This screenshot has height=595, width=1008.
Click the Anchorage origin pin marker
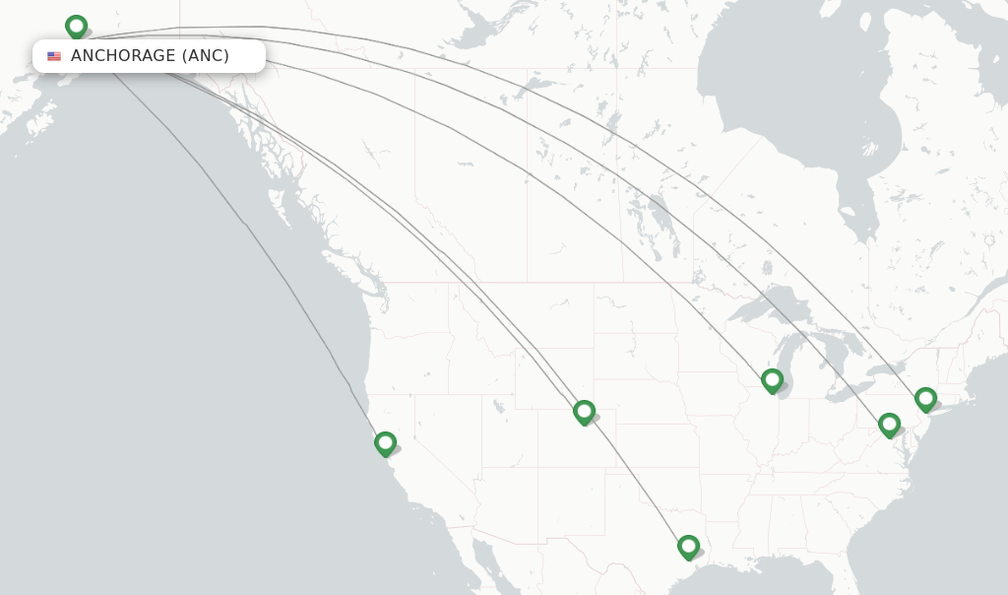(x=76, y=27)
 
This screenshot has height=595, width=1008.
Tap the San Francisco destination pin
(x=385, y=443)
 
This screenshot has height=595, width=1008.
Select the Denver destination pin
(x=584, y=412)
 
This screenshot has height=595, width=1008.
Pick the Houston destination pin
(x=688, y=547)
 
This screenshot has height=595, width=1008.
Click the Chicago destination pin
(x=772, y=380)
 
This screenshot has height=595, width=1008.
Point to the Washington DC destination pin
(x=889, y=425)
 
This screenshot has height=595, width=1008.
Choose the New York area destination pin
(x=925, y=399)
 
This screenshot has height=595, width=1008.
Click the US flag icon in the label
(x=54, y=56)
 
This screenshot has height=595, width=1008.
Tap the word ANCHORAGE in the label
(x=123, y=56)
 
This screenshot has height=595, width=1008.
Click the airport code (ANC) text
(x=206, y=56)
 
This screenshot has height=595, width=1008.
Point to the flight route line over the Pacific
(x=246, y=227)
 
